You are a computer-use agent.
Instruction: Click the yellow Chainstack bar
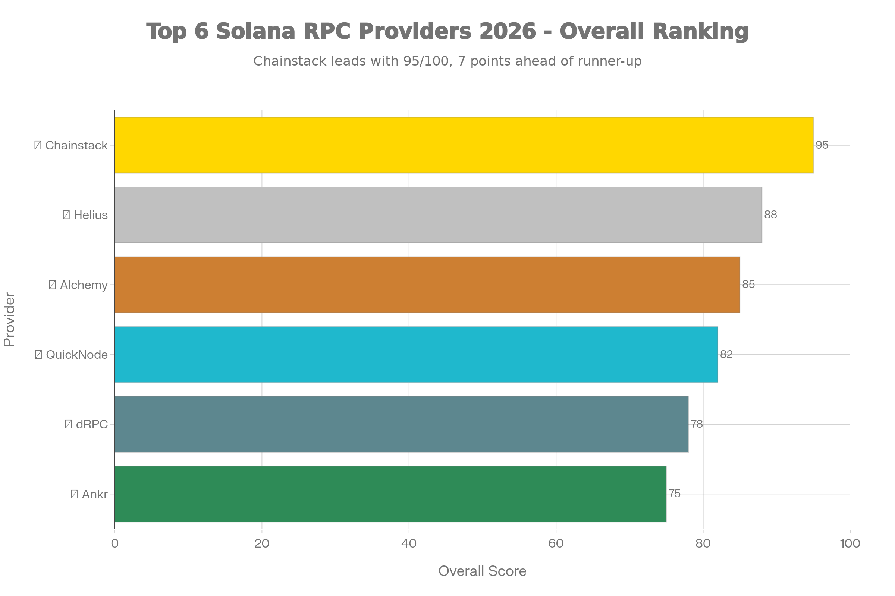(x=464, y=145)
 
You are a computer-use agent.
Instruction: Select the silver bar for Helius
(x=439, y=215)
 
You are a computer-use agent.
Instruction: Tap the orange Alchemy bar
(x=427, y=285)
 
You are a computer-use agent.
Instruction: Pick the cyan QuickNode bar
(x=416, y=354)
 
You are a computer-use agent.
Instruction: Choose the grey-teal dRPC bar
(x=402, y=424)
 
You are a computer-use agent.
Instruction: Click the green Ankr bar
(x=390, y=494)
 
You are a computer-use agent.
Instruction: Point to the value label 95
(x=822, y=145)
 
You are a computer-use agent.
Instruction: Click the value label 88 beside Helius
(x=770, y=215)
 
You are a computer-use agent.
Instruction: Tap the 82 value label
(x=726, y=354)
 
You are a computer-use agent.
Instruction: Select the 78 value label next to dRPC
(x=697, y=424)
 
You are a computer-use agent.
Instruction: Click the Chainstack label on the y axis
(x=76, y=145)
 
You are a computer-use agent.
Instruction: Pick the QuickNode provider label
(x=76, y=355)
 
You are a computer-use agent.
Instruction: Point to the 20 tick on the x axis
(x=262, y=543)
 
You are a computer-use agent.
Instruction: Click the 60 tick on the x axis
(x=556, y=543)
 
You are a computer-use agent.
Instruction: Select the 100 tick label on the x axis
(x=850, y=543)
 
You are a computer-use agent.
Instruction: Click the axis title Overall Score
(x=482, y=571)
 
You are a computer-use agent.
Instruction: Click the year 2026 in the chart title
(x=508, y=31)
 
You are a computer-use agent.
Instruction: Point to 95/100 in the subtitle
(x=426, y=61)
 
